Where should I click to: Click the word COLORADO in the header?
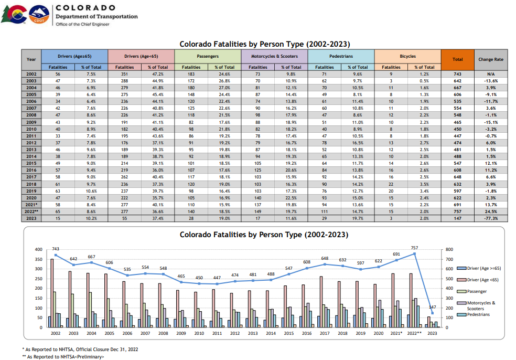85,7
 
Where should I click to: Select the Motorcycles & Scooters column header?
274,56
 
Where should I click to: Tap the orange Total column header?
457,59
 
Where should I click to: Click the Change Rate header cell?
491,59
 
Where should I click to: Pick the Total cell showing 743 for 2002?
457,75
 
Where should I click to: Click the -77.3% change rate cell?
491,218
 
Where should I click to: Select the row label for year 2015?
31,163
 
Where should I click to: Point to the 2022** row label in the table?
31,211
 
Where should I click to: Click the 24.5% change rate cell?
491,211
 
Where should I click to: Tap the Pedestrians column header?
341,56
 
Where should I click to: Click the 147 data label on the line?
432,307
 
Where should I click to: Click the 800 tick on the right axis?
449,249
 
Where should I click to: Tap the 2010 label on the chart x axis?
199,333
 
